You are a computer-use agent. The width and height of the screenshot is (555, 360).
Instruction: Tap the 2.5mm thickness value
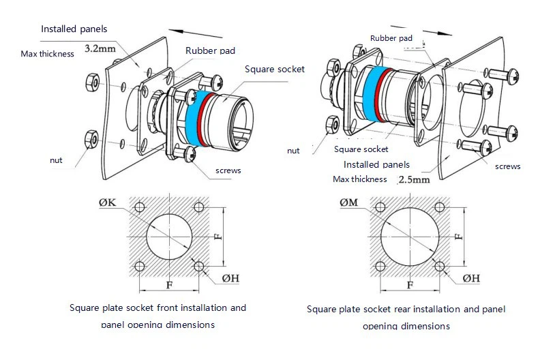(x=414, y=180)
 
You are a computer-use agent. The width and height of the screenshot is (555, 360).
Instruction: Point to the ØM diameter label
(x=350, y=202)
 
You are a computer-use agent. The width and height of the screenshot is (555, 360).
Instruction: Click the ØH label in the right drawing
(x=471, y=278)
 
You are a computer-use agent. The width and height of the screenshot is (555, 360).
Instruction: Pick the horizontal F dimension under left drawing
(x=169, y=284)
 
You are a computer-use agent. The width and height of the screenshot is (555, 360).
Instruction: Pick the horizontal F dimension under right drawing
(x=410, y=284)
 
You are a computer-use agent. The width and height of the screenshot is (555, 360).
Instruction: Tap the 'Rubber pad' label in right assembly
(x=391, y=38)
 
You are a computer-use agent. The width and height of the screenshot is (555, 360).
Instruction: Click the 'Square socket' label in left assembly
(x=275, y=69)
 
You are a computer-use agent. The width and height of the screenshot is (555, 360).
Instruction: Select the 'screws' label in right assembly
(x=507, y=166)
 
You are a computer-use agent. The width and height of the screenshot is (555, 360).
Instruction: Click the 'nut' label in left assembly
(x=56, y=160)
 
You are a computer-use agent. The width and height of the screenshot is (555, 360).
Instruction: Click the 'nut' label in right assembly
(x=293, y=151)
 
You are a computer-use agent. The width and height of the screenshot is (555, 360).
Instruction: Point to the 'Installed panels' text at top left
(x=74, y=29)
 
